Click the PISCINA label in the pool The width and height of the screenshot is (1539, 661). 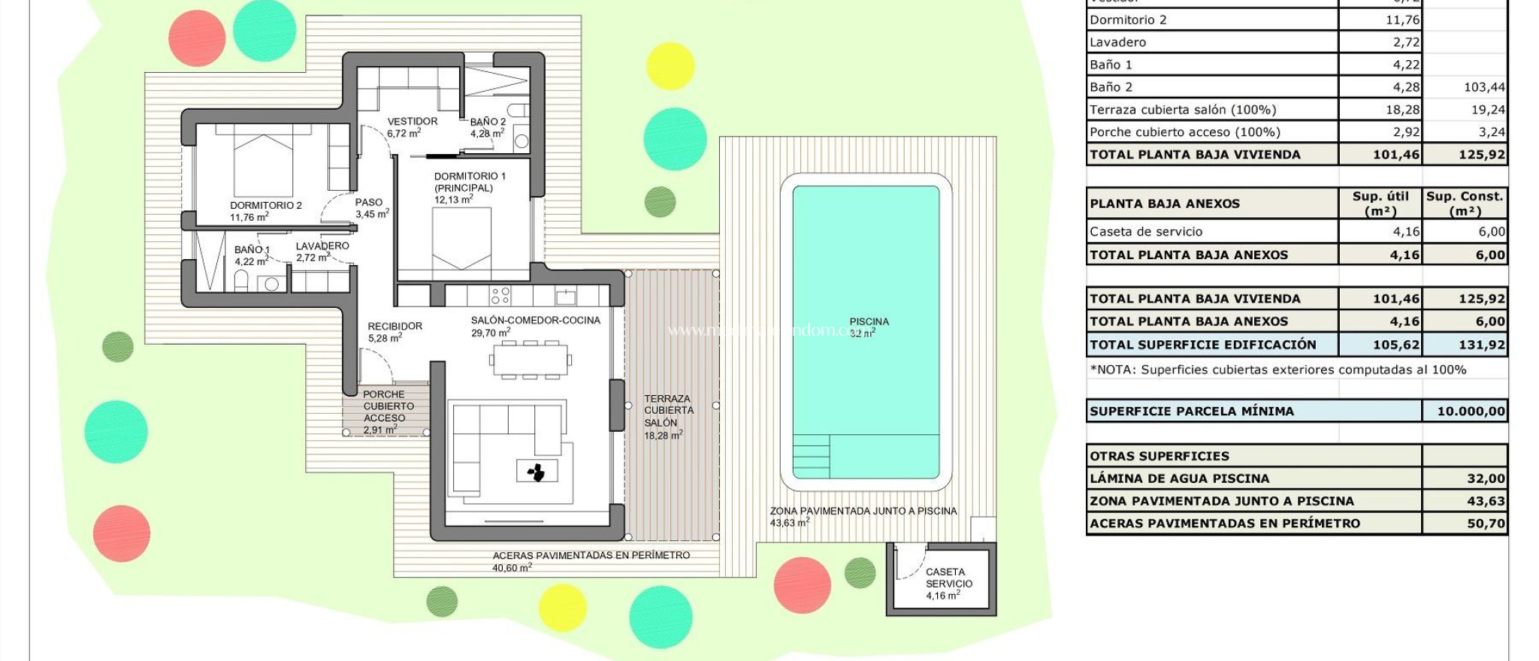coord(869,322)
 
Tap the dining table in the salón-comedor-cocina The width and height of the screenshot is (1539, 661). coord(530,360)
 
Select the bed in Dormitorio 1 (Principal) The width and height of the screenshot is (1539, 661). coord(461,239)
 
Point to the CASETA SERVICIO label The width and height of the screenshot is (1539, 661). coord(948,578)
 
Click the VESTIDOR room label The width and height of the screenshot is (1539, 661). coord(412,122)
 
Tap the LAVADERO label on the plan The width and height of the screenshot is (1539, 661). coord(322,246)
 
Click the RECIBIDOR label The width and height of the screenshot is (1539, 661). coord(395,327)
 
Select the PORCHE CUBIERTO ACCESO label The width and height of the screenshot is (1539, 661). coord(384,406)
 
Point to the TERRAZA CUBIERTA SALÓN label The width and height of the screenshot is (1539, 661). coord(668,411)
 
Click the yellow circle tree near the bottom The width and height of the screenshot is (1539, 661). coord(562,607)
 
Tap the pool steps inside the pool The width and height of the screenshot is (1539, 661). coord(812,457)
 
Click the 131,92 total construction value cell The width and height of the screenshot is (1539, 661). coord(1465,345)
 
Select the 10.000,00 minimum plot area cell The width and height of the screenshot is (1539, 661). coord(1465,411)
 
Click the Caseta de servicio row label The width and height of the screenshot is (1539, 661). coord(1146,232)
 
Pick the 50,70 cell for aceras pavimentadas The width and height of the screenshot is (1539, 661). coord(1465,524)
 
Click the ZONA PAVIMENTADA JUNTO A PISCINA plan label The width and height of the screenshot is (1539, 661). coord(863,512)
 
